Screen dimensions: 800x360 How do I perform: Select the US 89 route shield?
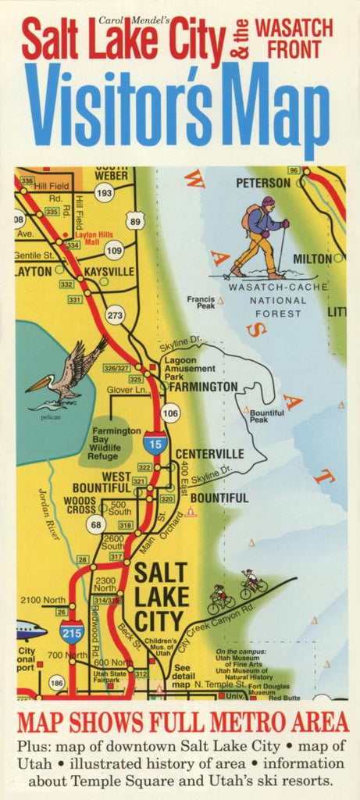[135, 222]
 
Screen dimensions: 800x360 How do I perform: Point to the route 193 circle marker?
[104, 191]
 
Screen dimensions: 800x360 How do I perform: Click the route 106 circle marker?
[169, 412]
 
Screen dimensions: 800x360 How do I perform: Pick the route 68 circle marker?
[96, 524]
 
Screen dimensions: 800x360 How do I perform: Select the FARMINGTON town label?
[203, 387]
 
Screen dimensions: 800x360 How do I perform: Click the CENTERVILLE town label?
[209, 454]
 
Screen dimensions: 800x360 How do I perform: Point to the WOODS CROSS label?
[80, 505]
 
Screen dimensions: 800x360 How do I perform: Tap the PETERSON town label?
[262, 183]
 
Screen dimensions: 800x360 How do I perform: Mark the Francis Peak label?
[201, 302]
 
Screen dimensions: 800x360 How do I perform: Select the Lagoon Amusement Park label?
[190, 367]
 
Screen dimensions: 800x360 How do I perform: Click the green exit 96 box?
[294, 170]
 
